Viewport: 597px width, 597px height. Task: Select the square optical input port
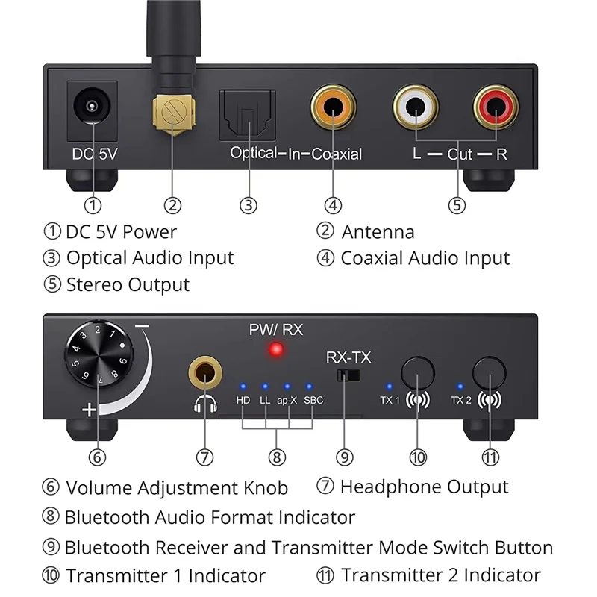[x=247, y=114]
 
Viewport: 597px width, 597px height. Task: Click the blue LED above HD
[x=243, y=387]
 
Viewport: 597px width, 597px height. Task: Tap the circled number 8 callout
[x=278, y=455]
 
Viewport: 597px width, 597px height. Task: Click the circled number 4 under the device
[x=333, y=204]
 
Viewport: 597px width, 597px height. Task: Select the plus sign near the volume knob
[x=90, y=409]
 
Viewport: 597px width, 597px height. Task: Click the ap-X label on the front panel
[x=286, y=400]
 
